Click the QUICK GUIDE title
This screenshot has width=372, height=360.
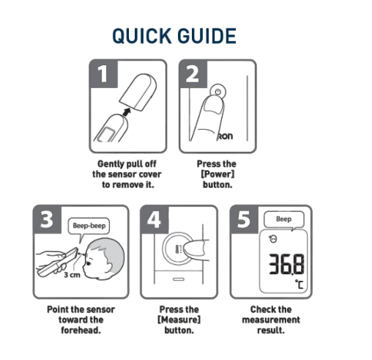pyautogui.click(x=174, y=35)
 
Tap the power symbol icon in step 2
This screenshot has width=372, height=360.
pyautogui.click(x=215, y=92)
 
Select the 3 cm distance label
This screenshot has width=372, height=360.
pyautogui.click(x=72, y=275)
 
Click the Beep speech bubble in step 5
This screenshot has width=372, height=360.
pyautogui.click(x=284, y=218)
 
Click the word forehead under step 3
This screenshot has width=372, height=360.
pyautogui.click(x=81, y=330)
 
